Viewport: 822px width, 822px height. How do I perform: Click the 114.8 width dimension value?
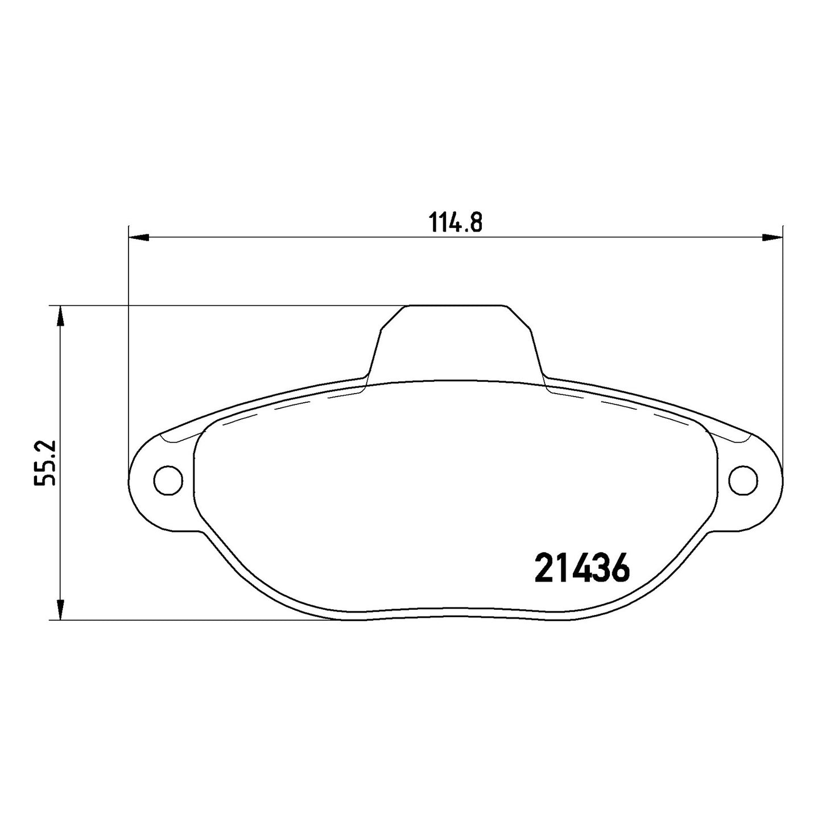pos(455,222)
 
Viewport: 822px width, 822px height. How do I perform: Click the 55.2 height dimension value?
pos(45,463)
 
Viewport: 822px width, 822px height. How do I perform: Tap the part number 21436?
pos(582,569)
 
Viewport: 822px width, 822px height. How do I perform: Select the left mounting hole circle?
pos(168,480)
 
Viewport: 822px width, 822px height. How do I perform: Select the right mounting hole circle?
pos(743,480)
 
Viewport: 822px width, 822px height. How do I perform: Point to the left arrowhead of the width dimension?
pos(139,238)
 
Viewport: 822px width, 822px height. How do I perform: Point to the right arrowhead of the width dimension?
pos(773,238)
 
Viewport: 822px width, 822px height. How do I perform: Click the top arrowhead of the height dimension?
pos(61,316)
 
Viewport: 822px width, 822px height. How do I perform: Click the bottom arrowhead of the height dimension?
pos(61,610)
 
